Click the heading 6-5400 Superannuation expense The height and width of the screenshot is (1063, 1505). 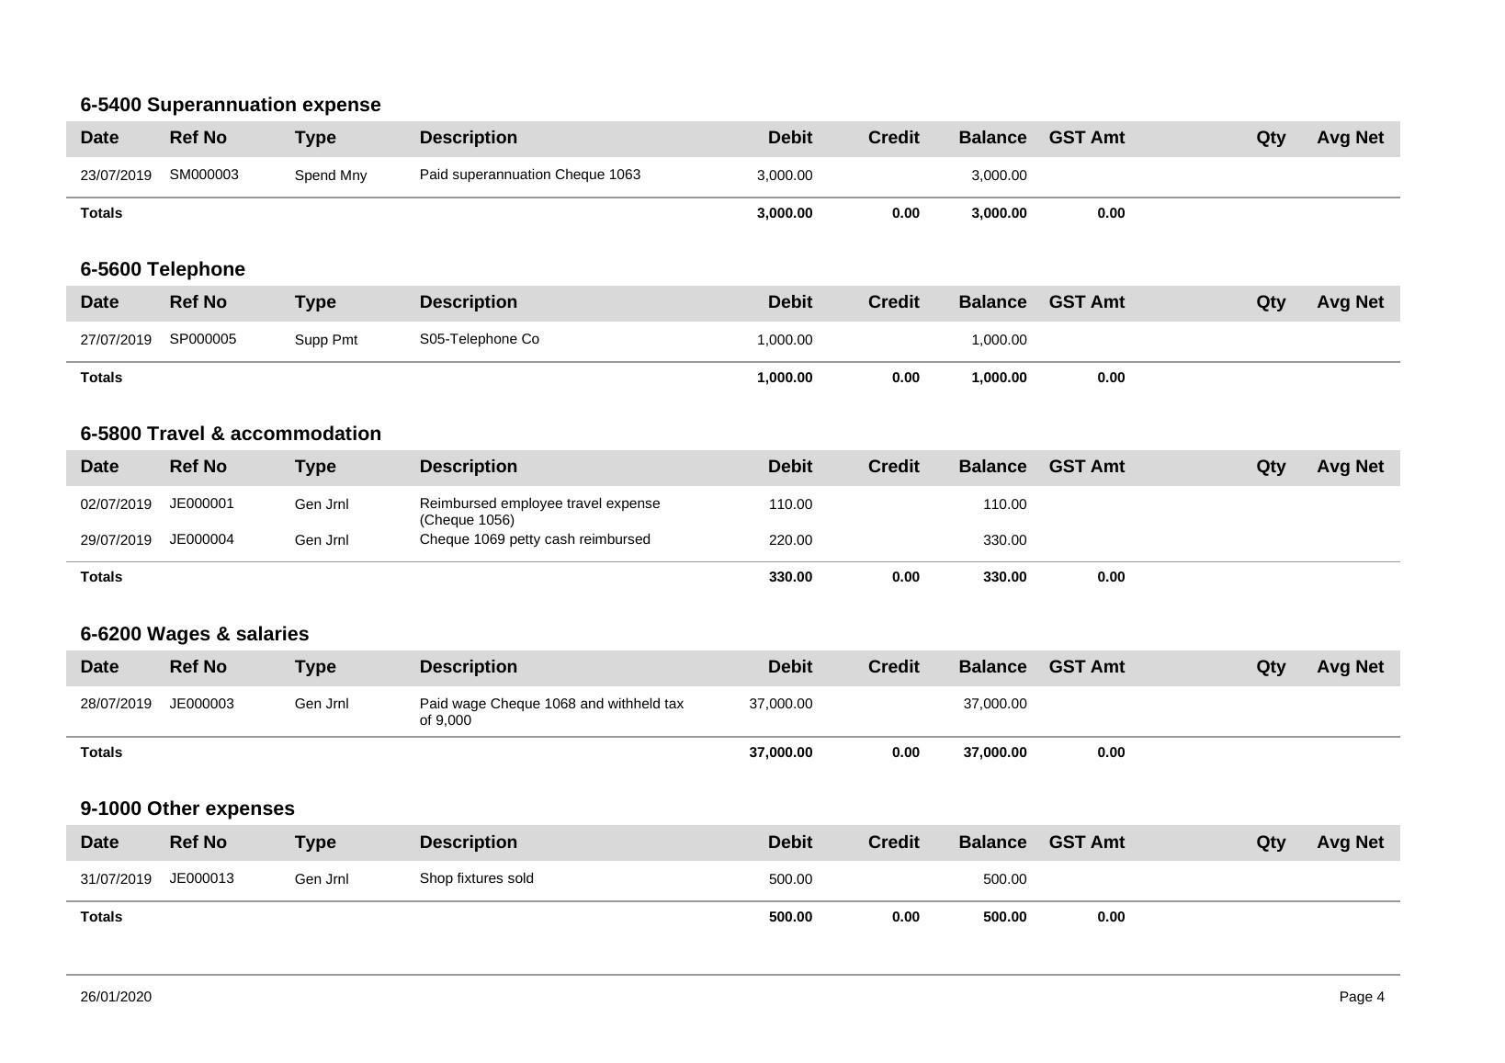point(230,105)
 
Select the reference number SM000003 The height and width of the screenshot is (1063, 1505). point(204,175)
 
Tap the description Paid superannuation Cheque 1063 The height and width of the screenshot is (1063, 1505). point(529,175)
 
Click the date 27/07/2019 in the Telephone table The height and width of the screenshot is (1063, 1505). point(116,340)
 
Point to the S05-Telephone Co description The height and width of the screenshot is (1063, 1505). point(479,339)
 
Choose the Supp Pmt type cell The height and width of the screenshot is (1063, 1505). point(325,340)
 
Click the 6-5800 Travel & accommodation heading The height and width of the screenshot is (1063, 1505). point(230,434)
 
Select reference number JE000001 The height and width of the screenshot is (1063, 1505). point(201,503)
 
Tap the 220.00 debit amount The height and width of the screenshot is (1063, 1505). point(790,540)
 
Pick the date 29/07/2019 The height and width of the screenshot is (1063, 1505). point(116,540)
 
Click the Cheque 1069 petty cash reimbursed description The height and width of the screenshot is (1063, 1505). point(534,539)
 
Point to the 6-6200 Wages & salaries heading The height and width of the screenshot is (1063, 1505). point(194,634)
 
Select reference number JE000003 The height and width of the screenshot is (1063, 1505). point(201,704)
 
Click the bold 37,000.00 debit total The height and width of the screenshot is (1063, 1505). point(780,752)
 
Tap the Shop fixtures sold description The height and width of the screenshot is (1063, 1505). point(476,878)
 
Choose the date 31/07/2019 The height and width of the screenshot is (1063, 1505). point(116,879)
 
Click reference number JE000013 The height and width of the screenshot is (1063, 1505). point(201,878)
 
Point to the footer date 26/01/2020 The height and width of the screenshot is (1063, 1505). point(116,997)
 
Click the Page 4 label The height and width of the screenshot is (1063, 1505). point(1361,997)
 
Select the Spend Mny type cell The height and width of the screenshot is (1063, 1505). point(330,175)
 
